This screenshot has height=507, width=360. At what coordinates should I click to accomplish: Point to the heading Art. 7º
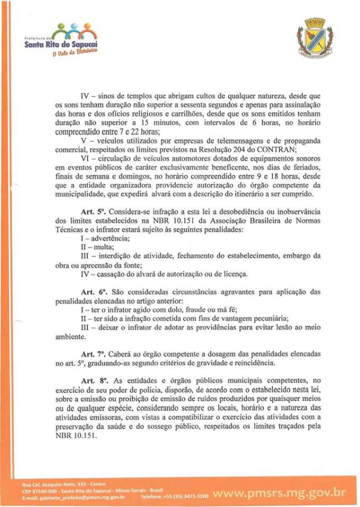pos(93,354)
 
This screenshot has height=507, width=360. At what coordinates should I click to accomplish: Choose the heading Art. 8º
pos(93,381)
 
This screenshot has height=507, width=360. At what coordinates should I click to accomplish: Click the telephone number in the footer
pos(191,497)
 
